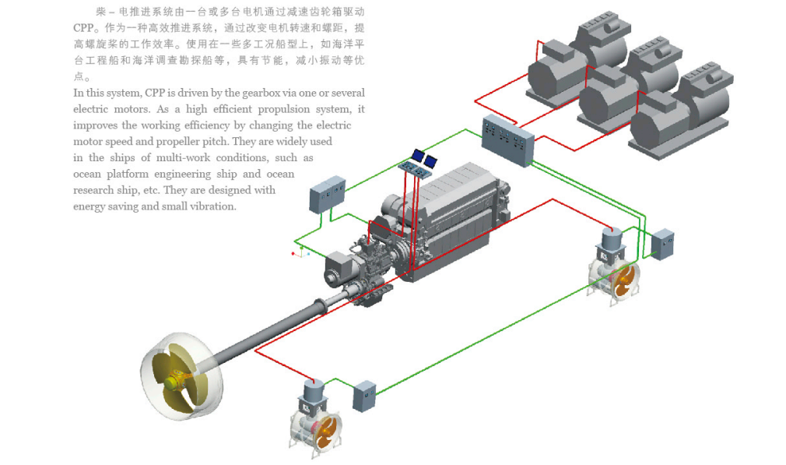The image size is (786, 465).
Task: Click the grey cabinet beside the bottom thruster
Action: tap(363, 396)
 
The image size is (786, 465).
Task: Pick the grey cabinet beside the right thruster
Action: tap(663, 243)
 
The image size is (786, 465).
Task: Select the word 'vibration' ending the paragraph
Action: tap(209, 206)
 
